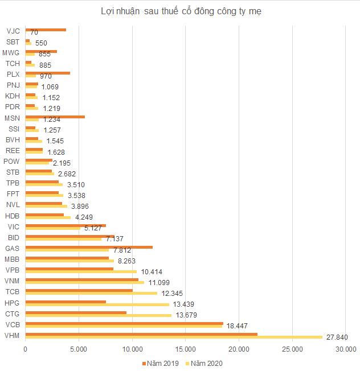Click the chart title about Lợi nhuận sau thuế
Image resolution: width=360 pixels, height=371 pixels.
(182, 11)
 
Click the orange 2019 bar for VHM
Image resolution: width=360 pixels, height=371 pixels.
(141, 334)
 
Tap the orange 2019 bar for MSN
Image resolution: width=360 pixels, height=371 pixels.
(55, 117)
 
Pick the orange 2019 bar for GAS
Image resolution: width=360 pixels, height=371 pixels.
(89, 247)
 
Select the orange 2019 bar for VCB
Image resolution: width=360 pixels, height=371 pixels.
(124, 323)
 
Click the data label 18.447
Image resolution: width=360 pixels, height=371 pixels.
(239, 326)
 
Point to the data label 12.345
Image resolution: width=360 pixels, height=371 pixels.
(173, 294)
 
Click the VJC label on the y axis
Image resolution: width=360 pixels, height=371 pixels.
(13, 31)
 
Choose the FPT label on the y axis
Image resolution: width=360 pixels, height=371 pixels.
(13, 194)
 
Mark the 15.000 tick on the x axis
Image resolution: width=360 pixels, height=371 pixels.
(185, 349)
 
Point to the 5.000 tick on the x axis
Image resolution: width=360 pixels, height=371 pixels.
(79, 349)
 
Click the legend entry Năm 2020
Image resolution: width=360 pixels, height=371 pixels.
(203, 363)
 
